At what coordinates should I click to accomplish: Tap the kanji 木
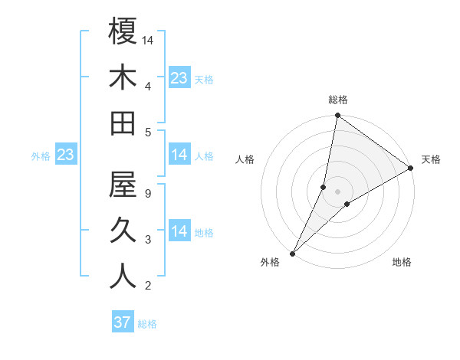pos(123,77)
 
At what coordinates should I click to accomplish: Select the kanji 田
pos(123,123)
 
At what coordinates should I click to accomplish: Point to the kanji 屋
pos(123,185)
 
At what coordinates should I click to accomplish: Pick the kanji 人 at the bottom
pos(123,277)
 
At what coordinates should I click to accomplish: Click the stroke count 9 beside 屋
pos(147,194)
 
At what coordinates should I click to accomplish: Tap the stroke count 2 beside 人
pos(147,286)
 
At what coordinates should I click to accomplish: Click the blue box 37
pos(123,322)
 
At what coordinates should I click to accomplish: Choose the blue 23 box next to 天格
pos(179,78)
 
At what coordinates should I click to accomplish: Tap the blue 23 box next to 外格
pos(65,155)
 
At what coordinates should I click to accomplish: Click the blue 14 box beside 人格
pos(179,155)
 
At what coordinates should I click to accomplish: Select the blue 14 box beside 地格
pos(179,231)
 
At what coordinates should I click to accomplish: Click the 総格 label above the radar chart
pos(337,100)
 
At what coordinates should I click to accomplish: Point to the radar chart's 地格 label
pos(402,263)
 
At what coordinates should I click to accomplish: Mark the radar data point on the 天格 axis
pos(410,169)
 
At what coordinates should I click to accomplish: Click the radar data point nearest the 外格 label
pos(292,253)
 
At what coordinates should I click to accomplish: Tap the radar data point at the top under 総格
pos(337,116)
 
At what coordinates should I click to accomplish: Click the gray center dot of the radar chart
pos(337,191)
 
